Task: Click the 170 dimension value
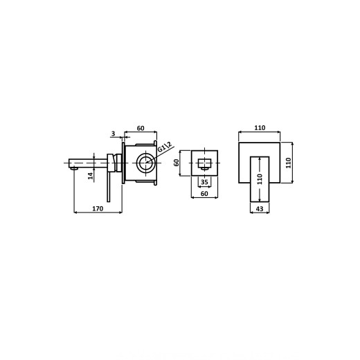pyautogui.click(x=98, y=208)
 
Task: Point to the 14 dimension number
pyautogui.click(x=91, y=176)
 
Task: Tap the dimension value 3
pyautogui.click(x=113, y=134)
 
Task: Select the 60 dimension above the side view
pyautogui.click(x=141, y=128)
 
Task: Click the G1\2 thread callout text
pyautogui.click(x=165, y=147)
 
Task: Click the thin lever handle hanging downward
pyautogui.click(x=109, y=187)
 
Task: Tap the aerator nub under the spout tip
pyautogui.click(x=74, y=169)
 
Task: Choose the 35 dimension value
pyautogui.click(x=204, y=182)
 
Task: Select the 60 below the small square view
pyautogui.click(x=204, y=194)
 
